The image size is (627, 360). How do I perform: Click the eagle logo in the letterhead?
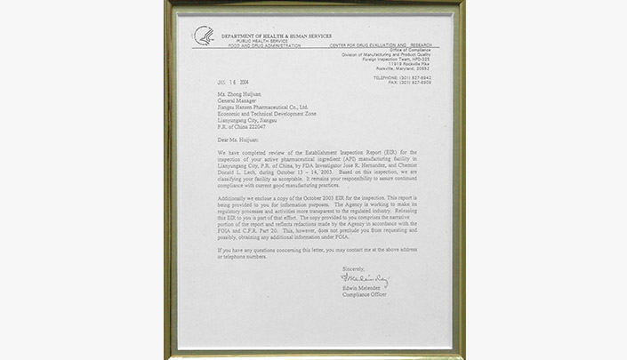pyautogui.click(x=204, y=36)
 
